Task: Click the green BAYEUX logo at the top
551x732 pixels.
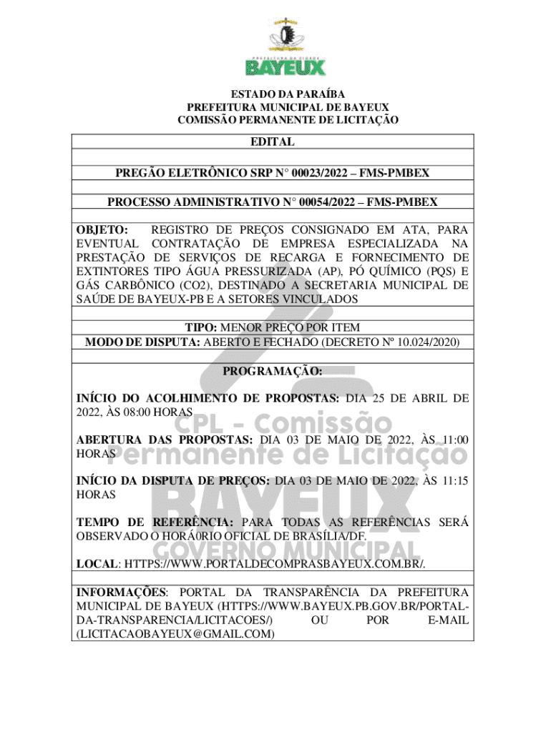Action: tap(286, 66)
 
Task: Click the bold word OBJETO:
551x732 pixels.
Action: tap(102, 230)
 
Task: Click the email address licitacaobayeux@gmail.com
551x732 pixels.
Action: tap(175, 633)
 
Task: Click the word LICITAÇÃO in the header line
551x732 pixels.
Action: tap(363, 120)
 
